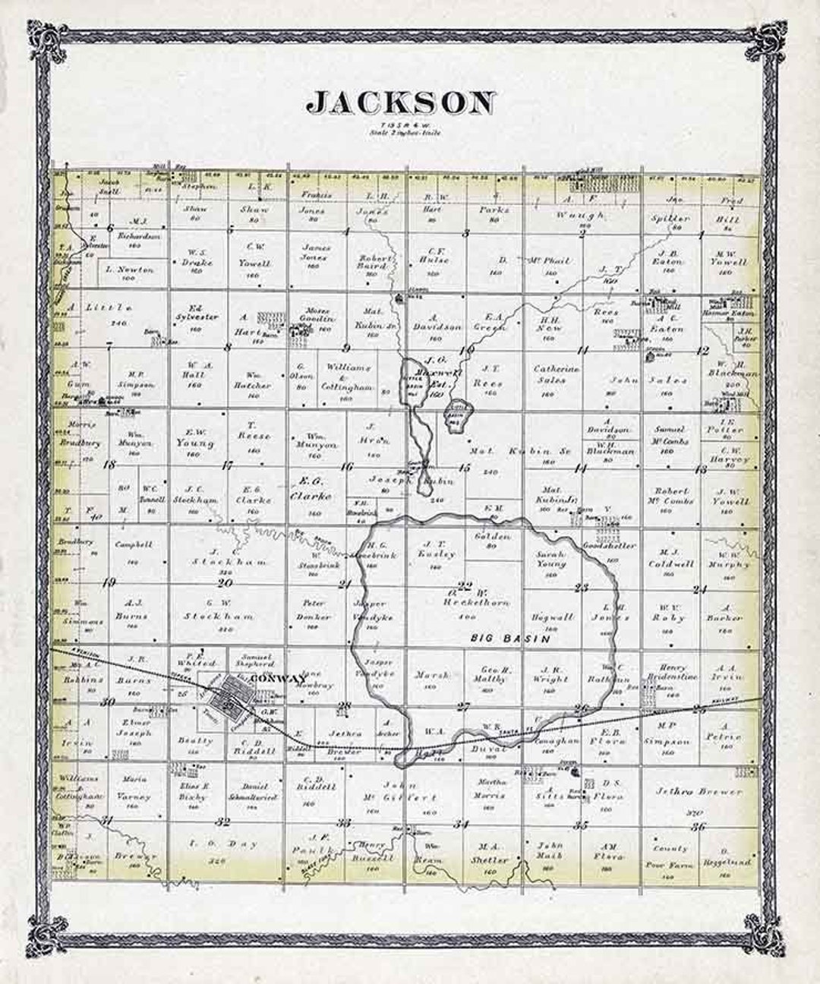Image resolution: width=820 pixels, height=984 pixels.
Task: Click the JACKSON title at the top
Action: click(x=402, y=103)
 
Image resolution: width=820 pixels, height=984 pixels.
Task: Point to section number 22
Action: click(x=465, y=585)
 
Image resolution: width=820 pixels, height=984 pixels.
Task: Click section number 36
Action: click(x=699, y=826)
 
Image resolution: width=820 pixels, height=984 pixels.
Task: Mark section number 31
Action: click(x=107, y=820)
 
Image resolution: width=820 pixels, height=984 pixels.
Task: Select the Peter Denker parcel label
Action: click(x=314, y=610)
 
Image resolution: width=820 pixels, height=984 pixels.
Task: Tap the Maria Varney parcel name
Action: click(x=134, y=788)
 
